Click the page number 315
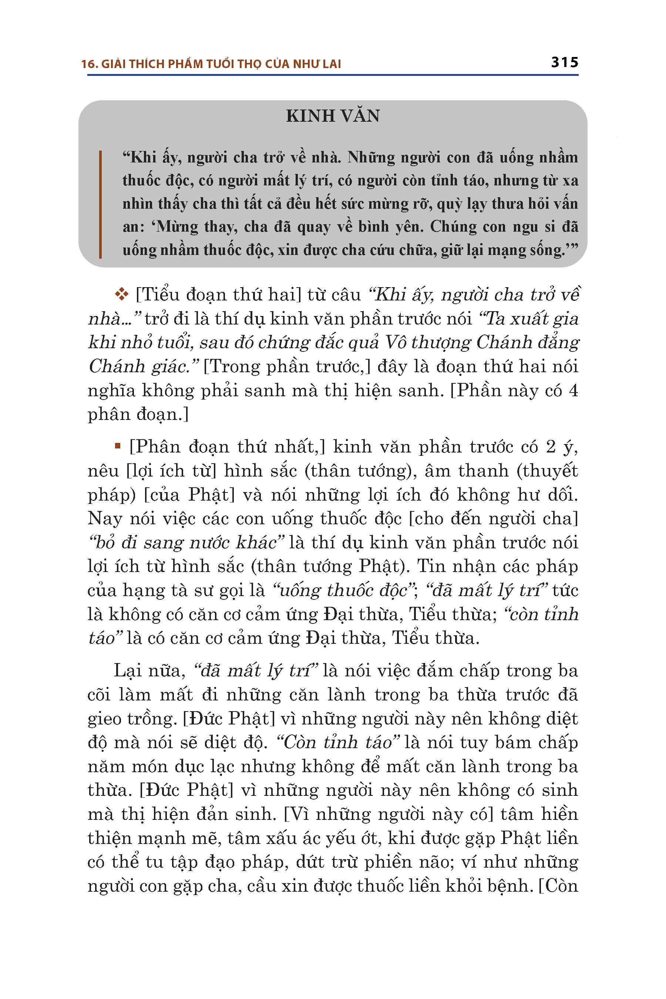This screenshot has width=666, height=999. pos(565,63)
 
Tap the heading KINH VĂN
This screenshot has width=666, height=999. pos(333,116)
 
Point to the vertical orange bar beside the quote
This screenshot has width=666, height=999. pos(100,204)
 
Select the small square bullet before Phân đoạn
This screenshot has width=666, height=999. pos(118,446)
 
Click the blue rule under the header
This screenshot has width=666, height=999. pos(333,75)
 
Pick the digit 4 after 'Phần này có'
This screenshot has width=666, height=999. pos(573,390)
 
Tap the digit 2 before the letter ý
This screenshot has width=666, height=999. pos(551,447)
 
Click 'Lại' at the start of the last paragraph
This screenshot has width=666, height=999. pos(127,671)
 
